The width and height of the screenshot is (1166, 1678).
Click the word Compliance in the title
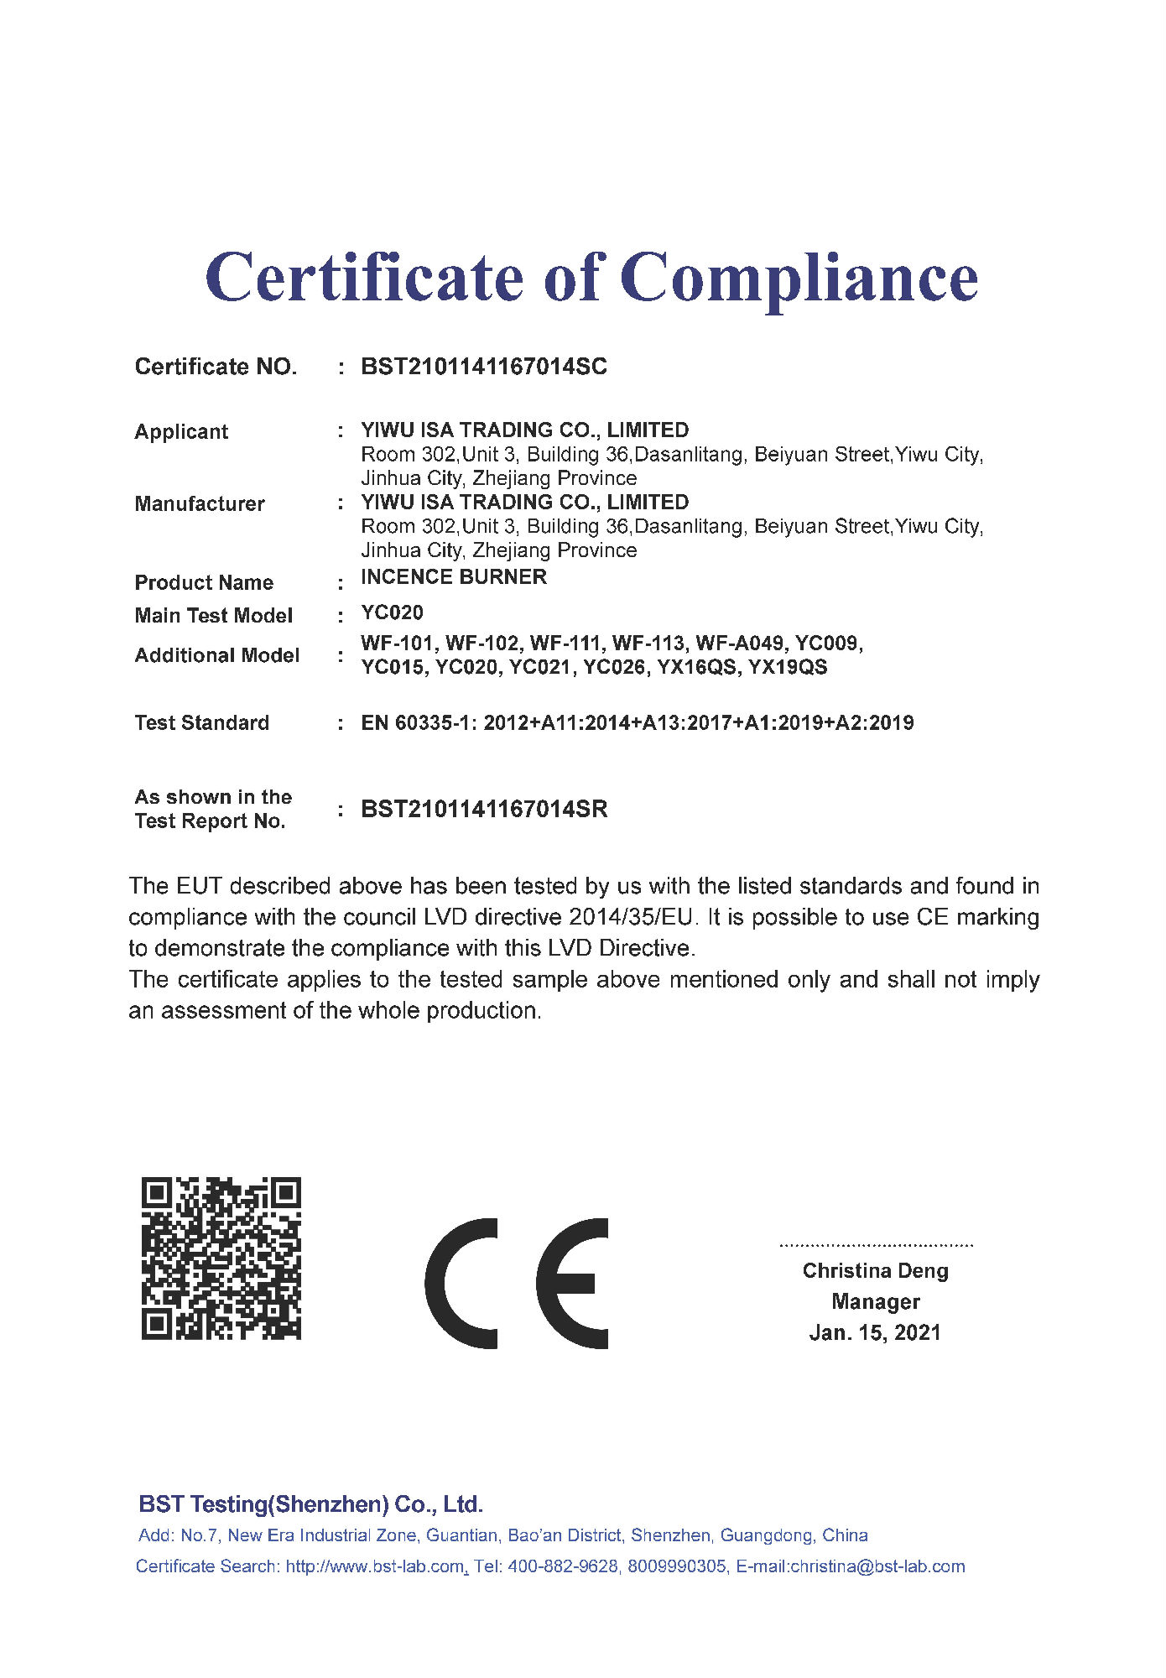click(799, 279)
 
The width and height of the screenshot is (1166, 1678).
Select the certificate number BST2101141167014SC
click(483, 367)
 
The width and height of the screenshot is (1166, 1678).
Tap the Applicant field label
click(181, 431)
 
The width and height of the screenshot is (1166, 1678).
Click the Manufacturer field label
click(200, 503)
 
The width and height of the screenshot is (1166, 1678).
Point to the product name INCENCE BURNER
click(454, 577)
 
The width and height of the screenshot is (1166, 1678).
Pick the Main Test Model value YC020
click(392, 612)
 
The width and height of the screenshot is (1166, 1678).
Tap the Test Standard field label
click(202, 722)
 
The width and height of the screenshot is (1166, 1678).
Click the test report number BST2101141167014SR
click(484, 809)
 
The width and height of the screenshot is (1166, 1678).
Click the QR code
click(221, 1258)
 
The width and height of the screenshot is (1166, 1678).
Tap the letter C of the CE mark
click(461, 1283)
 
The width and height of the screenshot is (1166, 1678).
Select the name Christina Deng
click(875, 1271)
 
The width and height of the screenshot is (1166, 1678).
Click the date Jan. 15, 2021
click(875, 1332)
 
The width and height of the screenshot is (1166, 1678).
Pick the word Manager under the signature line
click(875, 1302)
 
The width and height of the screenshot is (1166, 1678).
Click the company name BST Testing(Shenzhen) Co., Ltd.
click(310, 1504)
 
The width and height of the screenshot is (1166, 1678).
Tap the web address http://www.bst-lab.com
click(375, 1566)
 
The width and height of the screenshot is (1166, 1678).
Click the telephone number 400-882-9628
click(561, 1566)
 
